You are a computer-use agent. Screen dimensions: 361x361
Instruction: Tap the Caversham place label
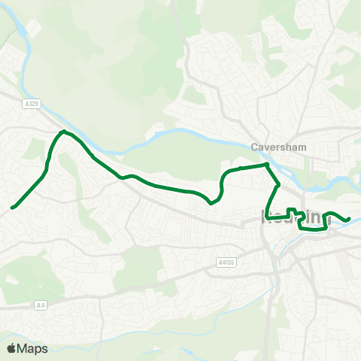coord(279,147)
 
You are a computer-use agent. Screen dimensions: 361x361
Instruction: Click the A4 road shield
coord(41,305)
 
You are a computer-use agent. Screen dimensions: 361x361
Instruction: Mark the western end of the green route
coord(12,207)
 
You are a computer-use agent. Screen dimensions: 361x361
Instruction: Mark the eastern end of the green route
coord(350,219)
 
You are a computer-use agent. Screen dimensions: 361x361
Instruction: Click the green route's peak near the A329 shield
coord(63,132)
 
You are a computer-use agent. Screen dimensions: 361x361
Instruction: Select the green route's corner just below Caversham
coord(267,164)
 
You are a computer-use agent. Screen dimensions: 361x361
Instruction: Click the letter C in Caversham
coord(255,147)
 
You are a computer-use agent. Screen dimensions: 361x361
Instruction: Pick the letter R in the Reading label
coord(267,218)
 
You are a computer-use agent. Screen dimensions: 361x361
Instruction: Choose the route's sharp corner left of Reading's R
coord(267,219)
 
